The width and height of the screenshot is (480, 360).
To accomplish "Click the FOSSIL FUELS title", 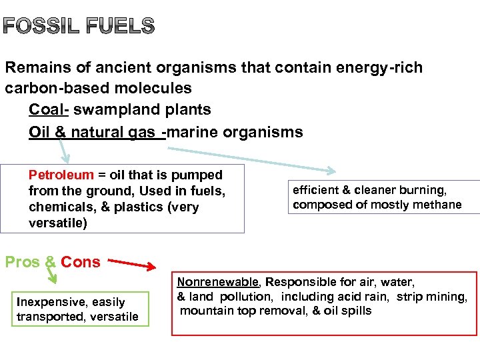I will tap(79, 27).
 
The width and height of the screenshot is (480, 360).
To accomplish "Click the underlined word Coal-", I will tap(46, 110).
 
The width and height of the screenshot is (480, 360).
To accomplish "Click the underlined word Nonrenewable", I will tap(217, 283).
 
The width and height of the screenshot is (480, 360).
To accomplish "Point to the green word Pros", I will tap(23, 262).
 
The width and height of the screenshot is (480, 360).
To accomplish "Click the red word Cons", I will tap(80, 262).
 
